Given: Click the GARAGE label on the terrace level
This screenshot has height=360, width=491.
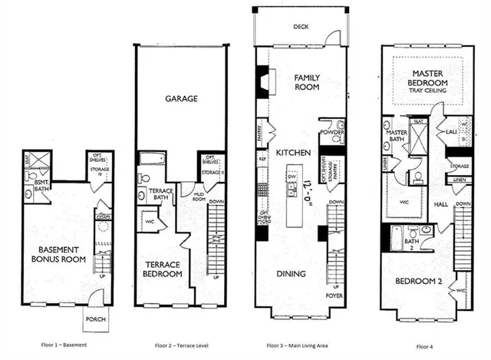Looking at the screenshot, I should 181,99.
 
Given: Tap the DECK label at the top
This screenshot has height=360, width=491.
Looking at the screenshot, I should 300,27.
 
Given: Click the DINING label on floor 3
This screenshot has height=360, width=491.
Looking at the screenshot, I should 292,274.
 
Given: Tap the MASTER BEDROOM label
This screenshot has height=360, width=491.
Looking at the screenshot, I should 427,78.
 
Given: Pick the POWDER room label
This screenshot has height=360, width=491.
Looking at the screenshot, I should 332,132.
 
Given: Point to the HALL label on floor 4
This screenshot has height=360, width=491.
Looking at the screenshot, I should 440,205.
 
